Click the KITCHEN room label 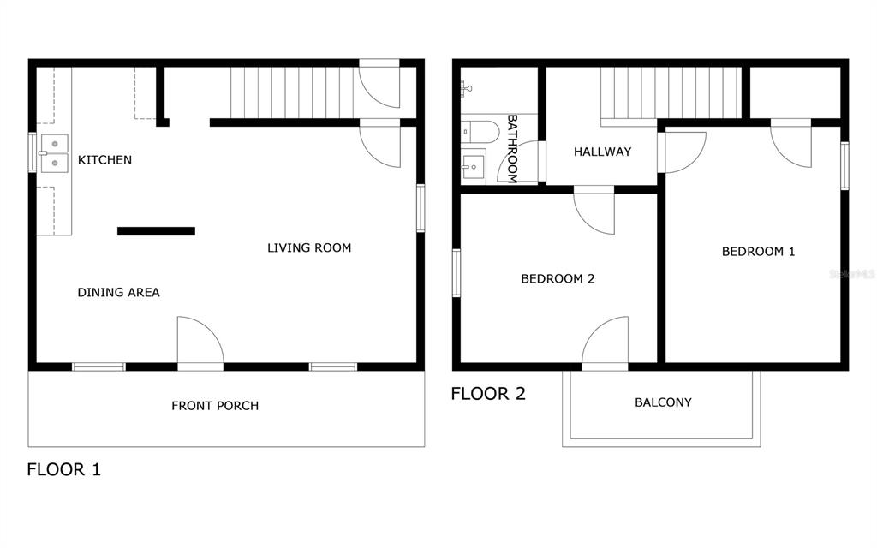(104, 160)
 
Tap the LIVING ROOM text (309, 247)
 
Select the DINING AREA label (118, 293)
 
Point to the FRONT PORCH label (215, 406)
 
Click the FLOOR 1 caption (63, 469)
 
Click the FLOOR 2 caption (488, 394)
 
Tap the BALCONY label (664, 402)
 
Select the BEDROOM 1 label (759, 252)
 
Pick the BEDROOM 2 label (558, 278)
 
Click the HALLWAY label (602, 152)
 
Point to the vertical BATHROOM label (512, 149)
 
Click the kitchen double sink (54, 153)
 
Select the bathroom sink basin (473, 167)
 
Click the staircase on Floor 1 (293, 92)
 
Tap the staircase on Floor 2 (671, 92)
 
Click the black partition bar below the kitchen (156, 231)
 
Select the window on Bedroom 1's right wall (844, 166)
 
